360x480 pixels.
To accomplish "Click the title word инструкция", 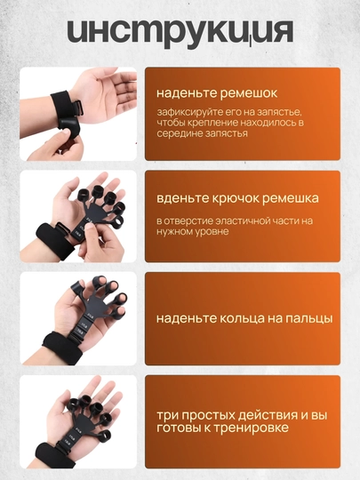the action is [x=180, y=32].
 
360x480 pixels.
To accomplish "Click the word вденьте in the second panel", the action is [x=182, y=198].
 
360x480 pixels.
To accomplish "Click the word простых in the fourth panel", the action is [x=210, y=416].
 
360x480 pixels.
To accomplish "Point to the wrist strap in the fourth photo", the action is [x=55, y=453].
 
